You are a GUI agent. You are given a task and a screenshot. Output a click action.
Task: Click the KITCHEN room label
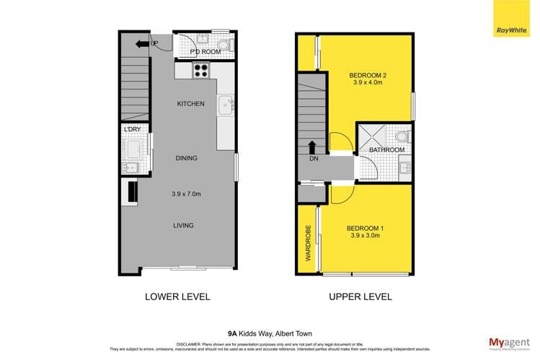(x=191, y=104)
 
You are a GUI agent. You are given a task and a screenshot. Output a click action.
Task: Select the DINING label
(x=186, y=158)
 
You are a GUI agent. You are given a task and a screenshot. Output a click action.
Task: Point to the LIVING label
(x=183, y=226)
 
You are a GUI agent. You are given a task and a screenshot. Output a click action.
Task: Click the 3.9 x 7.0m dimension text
(x=186, y=193)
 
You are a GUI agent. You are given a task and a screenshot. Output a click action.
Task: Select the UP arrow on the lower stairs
(x=153, y=44)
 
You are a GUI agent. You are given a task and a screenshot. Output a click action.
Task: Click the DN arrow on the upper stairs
(x=311, y=149)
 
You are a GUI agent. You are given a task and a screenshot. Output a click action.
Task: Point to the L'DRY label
(x=133, y=130)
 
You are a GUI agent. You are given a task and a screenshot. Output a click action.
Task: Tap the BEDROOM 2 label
(x=368, y=74)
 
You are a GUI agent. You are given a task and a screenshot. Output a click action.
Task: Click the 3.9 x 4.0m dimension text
(x=368, y=83)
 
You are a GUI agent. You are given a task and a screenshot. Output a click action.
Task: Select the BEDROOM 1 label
(x=367, y=229)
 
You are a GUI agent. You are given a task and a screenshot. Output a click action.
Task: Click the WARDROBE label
(x=307, y=246)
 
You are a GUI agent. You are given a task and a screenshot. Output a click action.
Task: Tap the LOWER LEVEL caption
(x=177, y=297)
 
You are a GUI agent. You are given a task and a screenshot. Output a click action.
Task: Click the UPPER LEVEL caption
(x=360, y=297)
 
